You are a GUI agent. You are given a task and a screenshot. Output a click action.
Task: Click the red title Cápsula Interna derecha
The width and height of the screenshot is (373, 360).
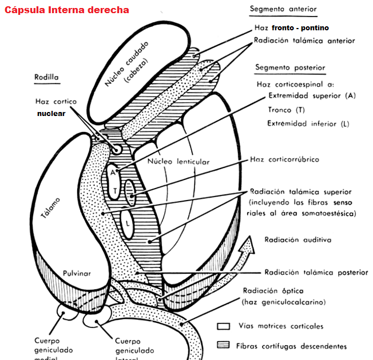67,10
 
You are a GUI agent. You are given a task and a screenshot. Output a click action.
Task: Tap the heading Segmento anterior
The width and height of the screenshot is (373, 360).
284,10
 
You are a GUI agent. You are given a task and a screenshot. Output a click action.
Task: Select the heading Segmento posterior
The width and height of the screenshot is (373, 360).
291,68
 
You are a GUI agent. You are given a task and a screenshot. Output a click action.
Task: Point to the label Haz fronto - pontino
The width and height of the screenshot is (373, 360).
291,27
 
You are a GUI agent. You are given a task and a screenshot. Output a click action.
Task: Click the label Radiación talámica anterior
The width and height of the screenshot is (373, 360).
304,41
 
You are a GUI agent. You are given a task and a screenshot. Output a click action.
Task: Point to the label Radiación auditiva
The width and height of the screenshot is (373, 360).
297,240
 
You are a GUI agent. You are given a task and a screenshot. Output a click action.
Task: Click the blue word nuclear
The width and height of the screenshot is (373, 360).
51,113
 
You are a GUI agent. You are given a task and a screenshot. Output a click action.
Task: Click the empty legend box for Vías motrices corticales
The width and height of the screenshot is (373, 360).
223,326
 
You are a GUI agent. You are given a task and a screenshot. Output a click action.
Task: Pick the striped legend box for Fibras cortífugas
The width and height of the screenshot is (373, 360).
223,345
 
